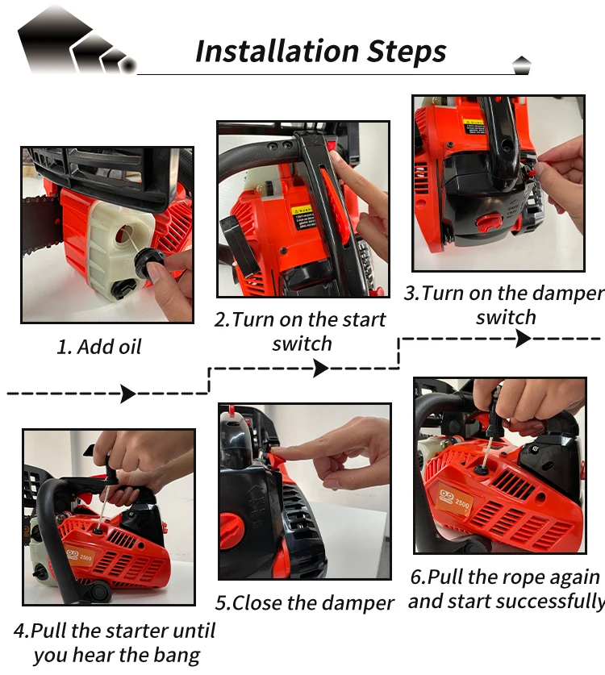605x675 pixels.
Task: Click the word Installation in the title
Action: (277, 52)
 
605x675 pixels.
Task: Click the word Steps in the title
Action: (407, 52)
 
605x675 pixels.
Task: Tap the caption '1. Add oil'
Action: (99, 347)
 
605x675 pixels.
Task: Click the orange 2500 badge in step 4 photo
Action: (79, 556)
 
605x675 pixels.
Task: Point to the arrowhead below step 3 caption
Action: (524, 339)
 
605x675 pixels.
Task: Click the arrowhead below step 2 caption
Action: (321, 369)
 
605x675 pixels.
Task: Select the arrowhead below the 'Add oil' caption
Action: (128, 394)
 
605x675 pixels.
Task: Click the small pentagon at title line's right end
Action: (521, 65)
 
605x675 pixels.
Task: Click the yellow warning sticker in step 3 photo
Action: (474, 127)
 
